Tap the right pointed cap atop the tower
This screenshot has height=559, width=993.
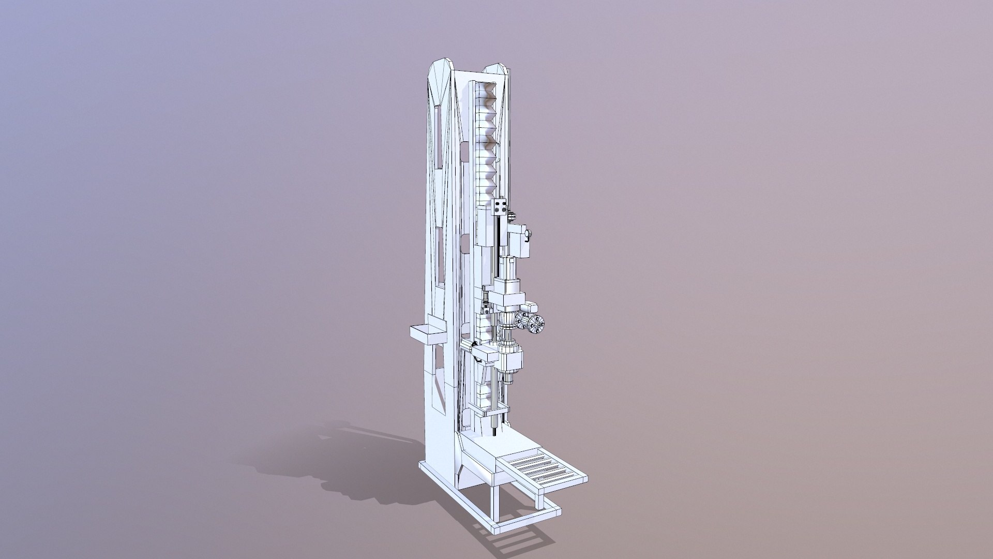click(496, 69)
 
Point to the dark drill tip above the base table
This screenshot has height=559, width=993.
click(495, 430)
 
